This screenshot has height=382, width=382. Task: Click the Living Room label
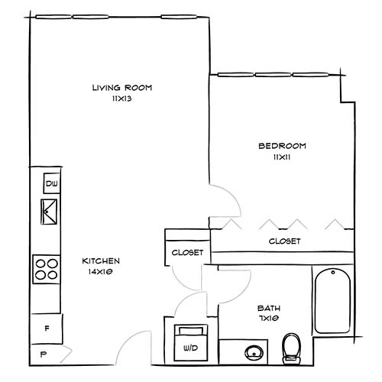coord(121,88)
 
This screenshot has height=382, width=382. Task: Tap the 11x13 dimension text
coord(121,99)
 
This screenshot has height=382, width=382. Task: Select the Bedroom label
coord(282,146)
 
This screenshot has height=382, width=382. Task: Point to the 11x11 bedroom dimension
coord(282,157)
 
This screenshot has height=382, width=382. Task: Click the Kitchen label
coord(101,261)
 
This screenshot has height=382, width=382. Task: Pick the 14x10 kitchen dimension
coord(101,271)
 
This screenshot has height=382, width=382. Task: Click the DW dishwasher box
coord(51,184)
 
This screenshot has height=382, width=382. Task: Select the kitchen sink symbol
coord(50,209)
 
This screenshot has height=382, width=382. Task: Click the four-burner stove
coord(46,268)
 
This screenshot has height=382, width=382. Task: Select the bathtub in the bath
coord(333,302)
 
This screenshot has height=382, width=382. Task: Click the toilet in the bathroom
coord(290,348)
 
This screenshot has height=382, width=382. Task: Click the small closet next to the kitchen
coord(186,252)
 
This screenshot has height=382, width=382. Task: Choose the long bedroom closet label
coord(284,241)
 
